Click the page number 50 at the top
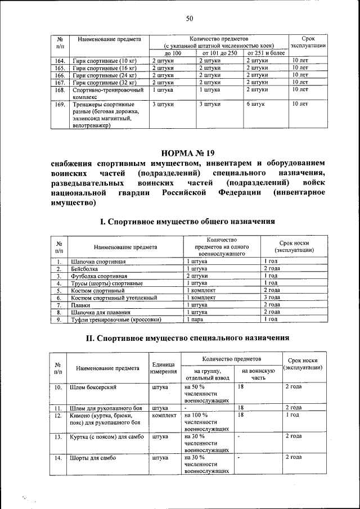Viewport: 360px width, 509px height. [190, 19]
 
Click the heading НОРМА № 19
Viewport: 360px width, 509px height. [187, 153]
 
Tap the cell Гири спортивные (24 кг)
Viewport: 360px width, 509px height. [104, 75]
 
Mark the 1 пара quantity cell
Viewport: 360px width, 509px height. [195, 319]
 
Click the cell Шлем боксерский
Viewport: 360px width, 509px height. [93, 388]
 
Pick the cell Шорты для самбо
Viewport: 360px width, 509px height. [93, 458]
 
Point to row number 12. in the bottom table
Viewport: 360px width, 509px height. [58, 415]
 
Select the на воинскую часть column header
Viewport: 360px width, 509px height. [258, 375]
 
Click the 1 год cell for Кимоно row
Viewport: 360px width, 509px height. [293, 415]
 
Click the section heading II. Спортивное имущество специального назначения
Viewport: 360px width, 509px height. [187, 339]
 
